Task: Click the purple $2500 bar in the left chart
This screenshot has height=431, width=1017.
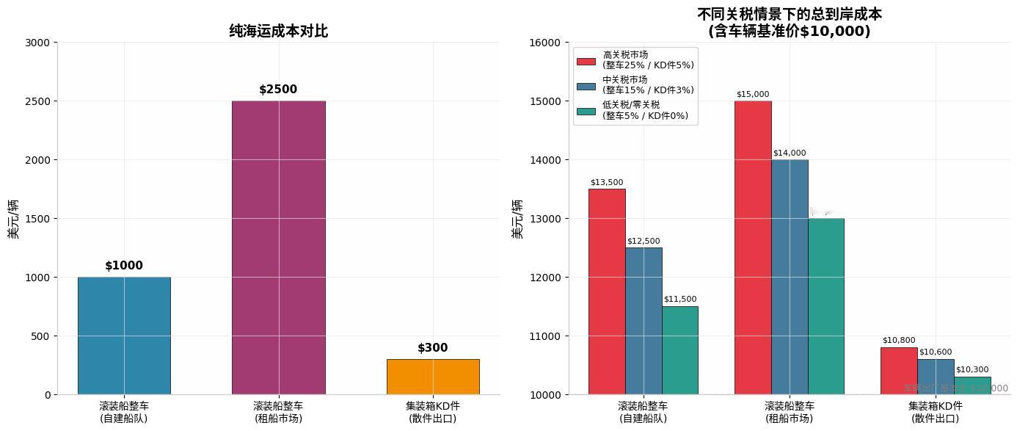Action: (278, 247)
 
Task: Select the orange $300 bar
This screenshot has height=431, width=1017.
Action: (433, 377)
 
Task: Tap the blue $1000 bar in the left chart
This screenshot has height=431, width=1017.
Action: (124, 336)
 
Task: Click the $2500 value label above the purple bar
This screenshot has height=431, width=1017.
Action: (278, 90)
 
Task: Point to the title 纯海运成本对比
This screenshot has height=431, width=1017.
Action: (278, 31)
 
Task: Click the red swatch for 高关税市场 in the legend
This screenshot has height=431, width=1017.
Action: (586, 61)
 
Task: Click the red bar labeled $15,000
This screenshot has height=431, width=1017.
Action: (753, 247)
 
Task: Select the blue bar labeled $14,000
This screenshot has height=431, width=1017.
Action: (790, 277)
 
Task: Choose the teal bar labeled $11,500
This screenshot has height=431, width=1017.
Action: (679, 350)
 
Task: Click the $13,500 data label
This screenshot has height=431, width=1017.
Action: (607, 182)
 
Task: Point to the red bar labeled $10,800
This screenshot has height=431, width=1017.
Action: (899, 371)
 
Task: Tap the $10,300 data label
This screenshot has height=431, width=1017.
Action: (972, 369)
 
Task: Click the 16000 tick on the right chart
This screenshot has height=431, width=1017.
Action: (545, 43)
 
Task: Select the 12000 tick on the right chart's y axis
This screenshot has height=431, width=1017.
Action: (545, 278)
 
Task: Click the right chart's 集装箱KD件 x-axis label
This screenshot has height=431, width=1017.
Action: (936, 412)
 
